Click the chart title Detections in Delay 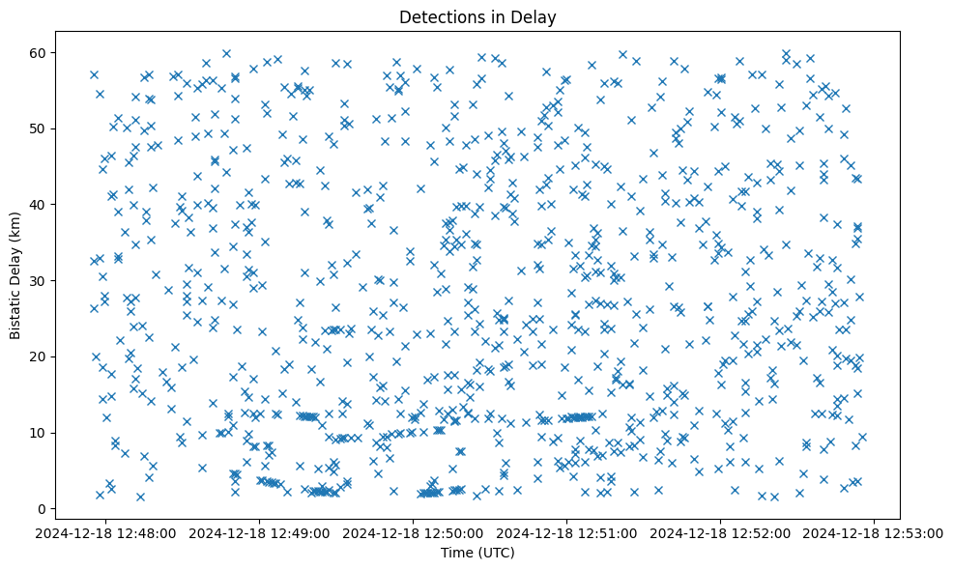pyautogui.click(x=477, y=17)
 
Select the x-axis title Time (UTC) pyautogui.click(x=477, y=553)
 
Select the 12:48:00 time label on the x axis pyautogui.click(x=106, y=532)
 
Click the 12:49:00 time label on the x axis pyautogui.click(x=260, y=532)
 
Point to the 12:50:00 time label pyautogui.click(x=414, y=532)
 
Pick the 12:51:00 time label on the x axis pyautogui.click(x=567, y=532)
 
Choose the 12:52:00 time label pyautogui.click(x=721, y=532)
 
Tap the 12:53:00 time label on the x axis pyautogui.click(x=875, y=532)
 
